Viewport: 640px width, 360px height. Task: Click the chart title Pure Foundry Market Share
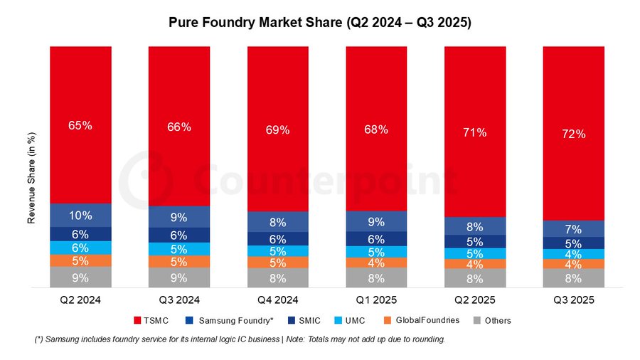[x=320, y=23]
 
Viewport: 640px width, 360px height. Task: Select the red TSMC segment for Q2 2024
[x=80, y=125]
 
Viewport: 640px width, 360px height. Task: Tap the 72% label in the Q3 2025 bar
[x=573, y=134]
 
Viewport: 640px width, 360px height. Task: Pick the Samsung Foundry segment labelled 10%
[x=80, y=215]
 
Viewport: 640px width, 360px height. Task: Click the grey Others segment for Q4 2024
[x=277, y=278]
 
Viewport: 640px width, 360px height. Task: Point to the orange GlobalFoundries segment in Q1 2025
[x=376, y=263]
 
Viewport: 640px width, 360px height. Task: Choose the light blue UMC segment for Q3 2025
[x=573, y=254]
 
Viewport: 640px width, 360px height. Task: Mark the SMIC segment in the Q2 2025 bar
[x=475, y=242]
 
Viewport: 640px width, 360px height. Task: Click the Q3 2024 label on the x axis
[x=179, y=300]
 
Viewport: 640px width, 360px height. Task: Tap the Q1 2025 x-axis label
[x=376, y=300]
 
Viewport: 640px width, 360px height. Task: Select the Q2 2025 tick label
[x=475, y=300]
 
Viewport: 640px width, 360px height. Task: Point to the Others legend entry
[x=493, y=320]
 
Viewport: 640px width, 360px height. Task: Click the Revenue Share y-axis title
[x=31, y=178]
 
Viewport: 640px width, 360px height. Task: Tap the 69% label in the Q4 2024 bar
[x=277, y=130]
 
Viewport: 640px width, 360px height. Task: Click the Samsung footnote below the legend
[x=240, y=339]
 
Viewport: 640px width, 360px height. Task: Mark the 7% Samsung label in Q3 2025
[x=573, y=229]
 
